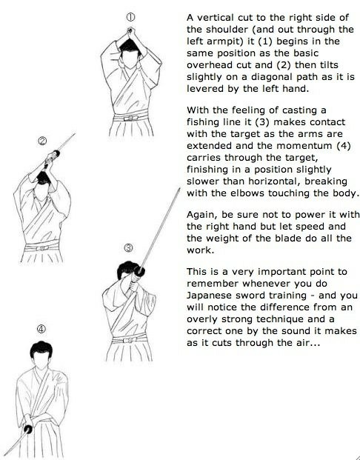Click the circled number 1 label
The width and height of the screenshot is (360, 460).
pos(130,17)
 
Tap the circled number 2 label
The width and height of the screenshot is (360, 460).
pos(42,141)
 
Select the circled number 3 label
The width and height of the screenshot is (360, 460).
pos(128,248)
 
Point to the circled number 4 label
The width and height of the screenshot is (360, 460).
pos(41,329)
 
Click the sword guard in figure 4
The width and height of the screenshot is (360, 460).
pos(28,429)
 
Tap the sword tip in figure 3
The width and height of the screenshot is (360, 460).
pos(179,189)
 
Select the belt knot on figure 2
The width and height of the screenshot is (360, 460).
pos(42,248)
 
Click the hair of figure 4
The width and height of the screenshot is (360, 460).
pos(41,349)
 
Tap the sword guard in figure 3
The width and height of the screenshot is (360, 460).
pos(140,272)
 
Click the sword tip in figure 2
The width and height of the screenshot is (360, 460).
pos(74,134)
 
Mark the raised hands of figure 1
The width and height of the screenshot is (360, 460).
pos(130,30)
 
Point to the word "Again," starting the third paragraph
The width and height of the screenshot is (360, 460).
pos(202,215)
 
